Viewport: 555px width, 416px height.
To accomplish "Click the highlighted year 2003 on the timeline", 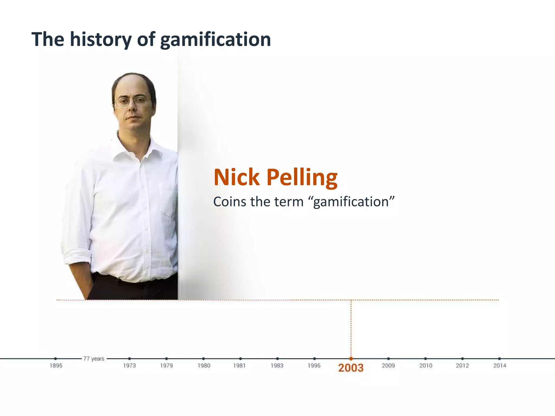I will [351, 368].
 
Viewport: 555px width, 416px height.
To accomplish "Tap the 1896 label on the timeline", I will [56, 366].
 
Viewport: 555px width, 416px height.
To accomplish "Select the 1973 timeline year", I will [129, 366].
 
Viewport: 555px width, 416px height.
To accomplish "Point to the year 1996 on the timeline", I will [314, 366].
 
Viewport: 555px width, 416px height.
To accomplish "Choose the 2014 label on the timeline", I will [500, 366].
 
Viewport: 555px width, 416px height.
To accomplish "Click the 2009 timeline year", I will [388, 366].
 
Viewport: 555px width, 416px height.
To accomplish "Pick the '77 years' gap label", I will [94, 359].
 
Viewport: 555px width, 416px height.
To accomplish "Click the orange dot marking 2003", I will [351, 359].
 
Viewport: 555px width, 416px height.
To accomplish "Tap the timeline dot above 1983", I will [277, 359].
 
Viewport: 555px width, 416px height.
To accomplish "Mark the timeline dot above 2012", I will [462, 359].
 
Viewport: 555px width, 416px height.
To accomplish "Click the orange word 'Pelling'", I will [302, 178].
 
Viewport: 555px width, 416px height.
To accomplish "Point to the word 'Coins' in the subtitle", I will [229, 202].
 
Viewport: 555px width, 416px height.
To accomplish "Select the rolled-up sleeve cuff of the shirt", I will [77, 257].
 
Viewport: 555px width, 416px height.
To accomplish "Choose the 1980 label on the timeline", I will [204, 366].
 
